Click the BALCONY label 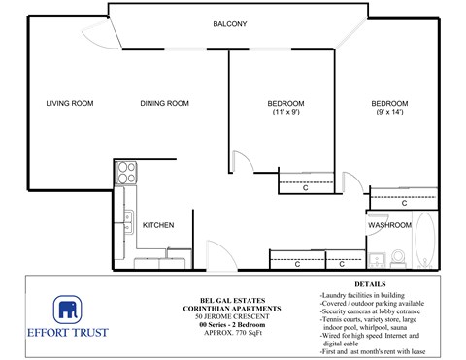click(x=230, y=24)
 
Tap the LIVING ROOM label click(x=69, y=104)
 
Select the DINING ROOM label click(x=164, y=104)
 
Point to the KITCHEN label click(x=158, y=225)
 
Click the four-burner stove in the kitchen click(x=125, y=173)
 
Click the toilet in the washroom click(x=397, y=258)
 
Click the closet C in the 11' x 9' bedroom click(x=305, y=187)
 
